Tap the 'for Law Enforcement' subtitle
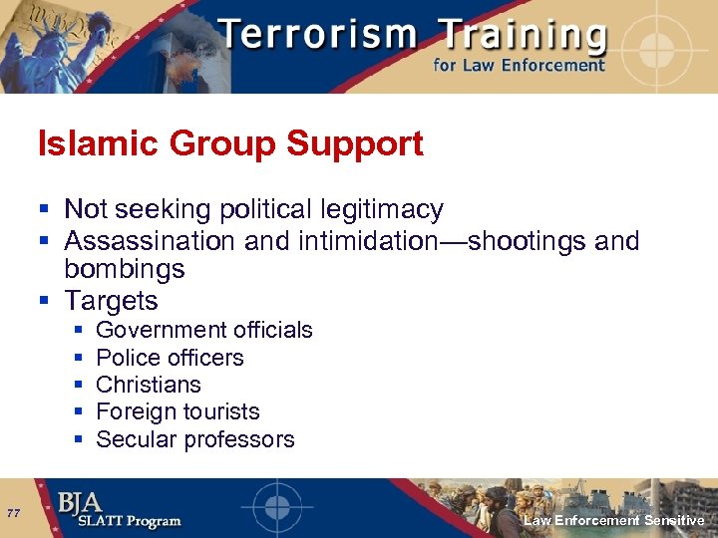518,66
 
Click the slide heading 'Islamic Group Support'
230,144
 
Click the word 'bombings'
125,269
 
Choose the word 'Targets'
111,300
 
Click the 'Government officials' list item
203,330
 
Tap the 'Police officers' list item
170,358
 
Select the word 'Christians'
148,385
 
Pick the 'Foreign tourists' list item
178,411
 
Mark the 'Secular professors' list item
194,439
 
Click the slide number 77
13,513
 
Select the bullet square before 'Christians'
77,386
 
